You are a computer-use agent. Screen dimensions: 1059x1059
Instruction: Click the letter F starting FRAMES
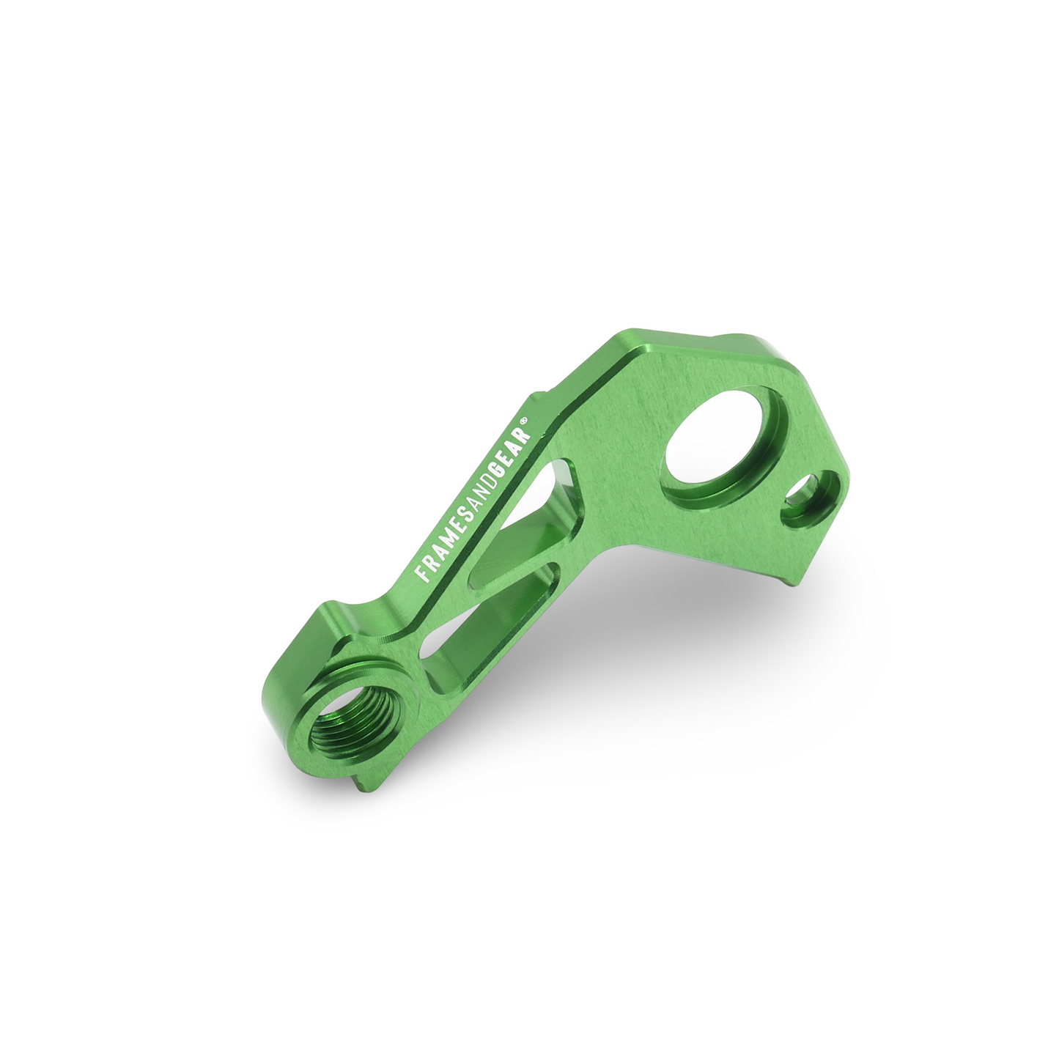tap(423, 575)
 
